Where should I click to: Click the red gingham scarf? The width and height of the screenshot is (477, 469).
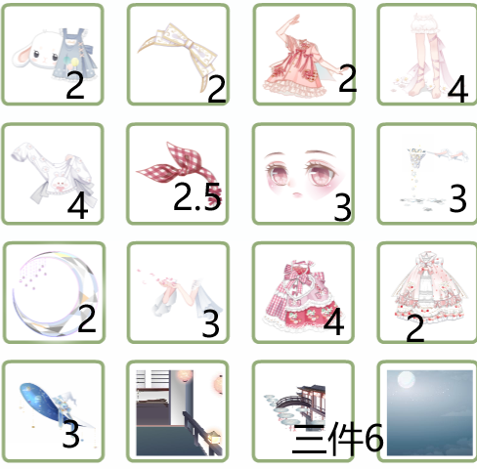(x=179, y=169)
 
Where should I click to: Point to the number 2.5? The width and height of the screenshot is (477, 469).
(x=197, y=196)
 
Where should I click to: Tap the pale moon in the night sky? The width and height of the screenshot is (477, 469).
(x=407, y=380)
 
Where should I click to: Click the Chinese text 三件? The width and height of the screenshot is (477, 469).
(x=327, y=439)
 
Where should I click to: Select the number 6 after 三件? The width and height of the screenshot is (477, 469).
(x=373, y=438)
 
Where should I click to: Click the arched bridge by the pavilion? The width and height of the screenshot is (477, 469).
(x=290, y=402)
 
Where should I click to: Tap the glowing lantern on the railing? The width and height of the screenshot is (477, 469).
(x=215, y=437)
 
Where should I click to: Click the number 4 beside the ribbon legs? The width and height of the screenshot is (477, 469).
(x=457, y=89)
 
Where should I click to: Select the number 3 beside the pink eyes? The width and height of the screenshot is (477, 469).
(x=343, y=207)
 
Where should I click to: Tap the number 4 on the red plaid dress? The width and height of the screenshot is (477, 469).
(x=333, y=321)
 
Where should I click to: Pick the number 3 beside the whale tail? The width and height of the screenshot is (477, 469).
(x=71, y=433)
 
